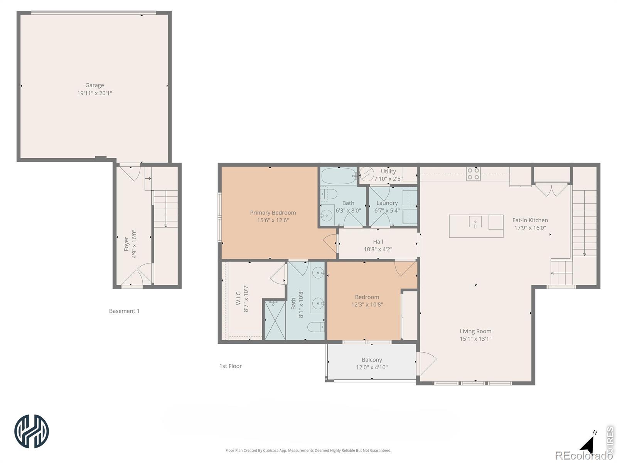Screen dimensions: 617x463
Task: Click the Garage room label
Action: (x=94, y=85)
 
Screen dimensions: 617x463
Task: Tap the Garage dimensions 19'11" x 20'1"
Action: (x=94, y=93)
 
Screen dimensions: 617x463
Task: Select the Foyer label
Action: (x=126, y=244)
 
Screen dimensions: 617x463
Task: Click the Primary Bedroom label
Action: (x=273, y=213)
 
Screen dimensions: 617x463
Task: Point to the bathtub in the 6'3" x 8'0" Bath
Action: (x=339, y=176)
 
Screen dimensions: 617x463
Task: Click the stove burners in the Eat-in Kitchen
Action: (x=474, y=174)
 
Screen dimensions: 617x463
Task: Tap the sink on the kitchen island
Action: (x=475, y=222)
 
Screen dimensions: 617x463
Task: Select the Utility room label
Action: (x=388, y=171)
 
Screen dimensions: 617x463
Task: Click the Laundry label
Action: (x=387, y=203)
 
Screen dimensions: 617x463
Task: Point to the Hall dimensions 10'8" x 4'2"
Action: (x=378, y=249)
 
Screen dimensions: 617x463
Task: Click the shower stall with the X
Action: (x=275, y=320)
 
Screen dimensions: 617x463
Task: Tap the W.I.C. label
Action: (x=238, y=298)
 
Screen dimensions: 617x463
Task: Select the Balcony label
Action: (x=372, y=360)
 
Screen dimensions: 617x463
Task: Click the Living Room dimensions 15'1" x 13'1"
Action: (x=475, y=339)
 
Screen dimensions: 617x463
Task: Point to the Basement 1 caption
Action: (x=124, y=311)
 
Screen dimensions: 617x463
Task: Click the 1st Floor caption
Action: (x=231, y=366)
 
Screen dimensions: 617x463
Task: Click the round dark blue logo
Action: (x=32, y=431)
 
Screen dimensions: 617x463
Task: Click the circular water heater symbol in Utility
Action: (x=367, y=174)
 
